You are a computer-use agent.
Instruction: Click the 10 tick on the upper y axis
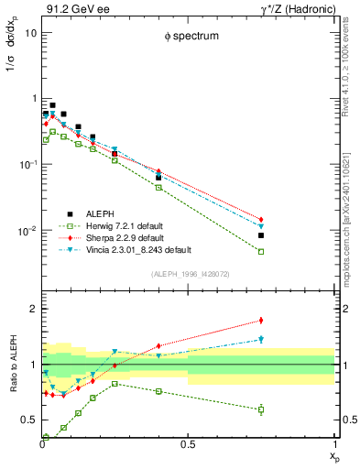click(x=30, y=32)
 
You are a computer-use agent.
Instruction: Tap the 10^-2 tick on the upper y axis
click(x=28, y=231)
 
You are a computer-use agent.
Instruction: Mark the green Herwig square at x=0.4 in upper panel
click(x=158, y=187)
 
